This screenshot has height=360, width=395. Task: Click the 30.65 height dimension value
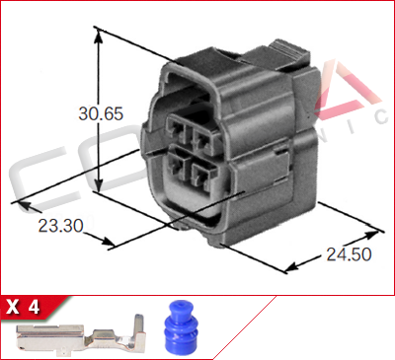click(100, 113)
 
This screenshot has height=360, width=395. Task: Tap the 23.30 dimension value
click(59, 225)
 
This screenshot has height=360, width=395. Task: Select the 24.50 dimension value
click(347, 255)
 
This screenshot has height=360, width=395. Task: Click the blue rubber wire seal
click(179, 324)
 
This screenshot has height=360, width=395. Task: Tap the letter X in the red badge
click(14, 307)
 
